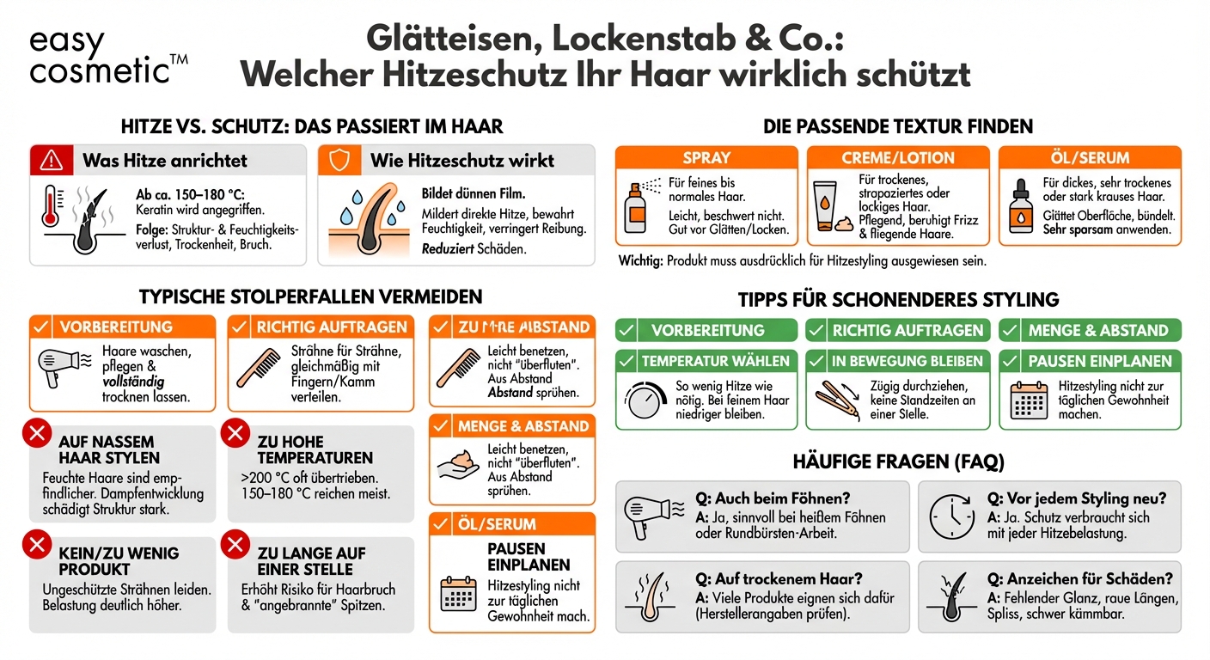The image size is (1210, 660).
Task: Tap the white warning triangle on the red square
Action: coord(51,160)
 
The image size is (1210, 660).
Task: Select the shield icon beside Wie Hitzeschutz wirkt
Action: coord(339,160)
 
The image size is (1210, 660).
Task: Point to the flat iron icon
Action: coord(831,400)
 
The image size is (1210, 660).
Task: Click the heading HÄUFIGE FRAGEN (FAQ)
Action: coord(898,461)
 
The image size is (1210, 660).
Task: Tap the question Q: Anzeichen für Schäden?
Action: coord(1079,578)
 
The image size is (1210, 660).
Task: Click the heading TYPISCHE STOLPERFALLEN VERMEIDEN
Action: coord(310,297)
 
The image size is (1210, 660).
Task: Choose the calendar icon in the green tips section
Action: coord(1029,400)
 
